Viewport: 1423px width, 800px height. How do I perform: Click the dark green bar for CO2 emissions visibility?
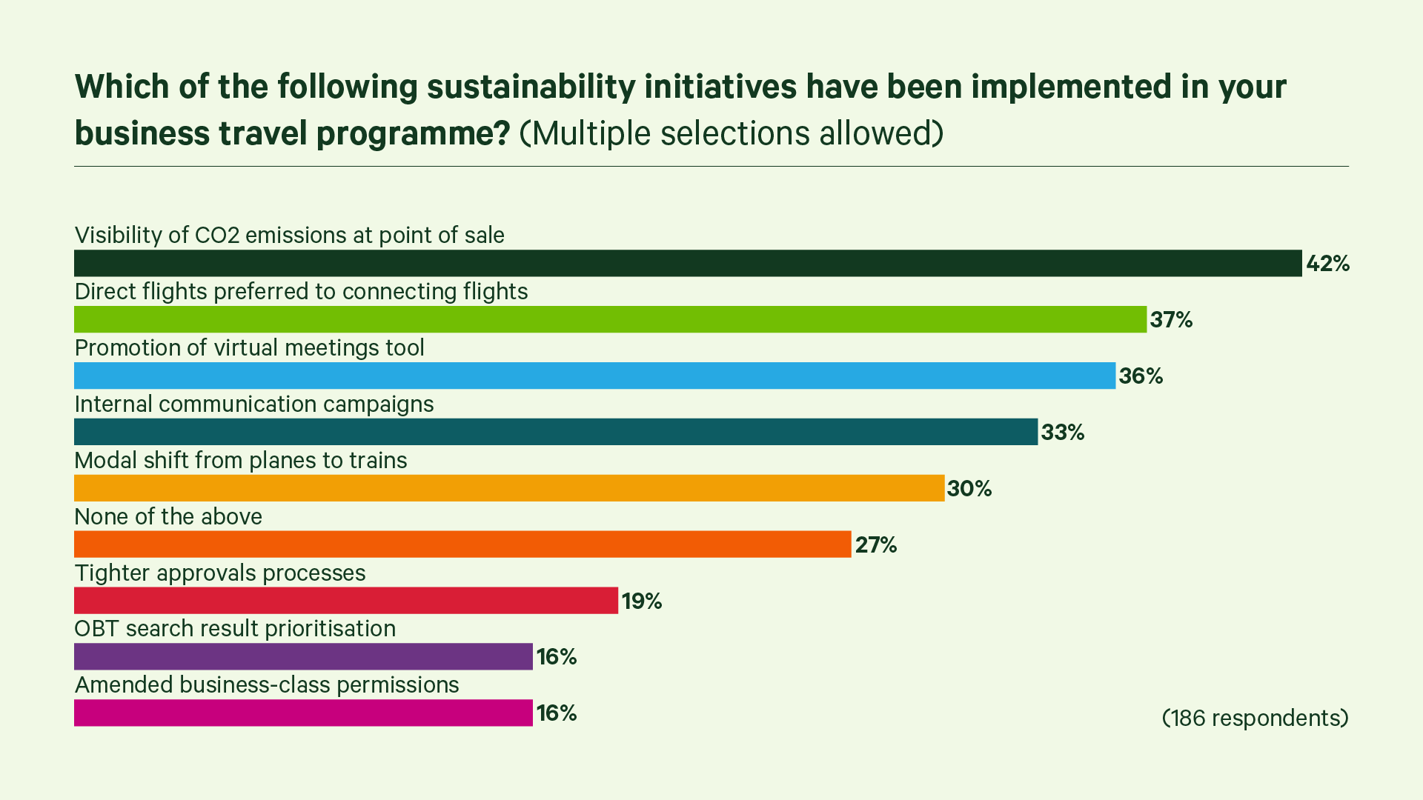[688, 263]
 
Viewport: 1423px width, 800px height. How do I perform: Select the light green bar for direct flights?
[610, 319]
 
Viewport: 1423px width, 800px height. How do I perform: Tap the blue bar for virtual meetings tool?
[594, 376]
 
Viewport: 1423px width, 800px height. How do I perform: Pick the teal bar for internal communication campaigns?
[556, 432]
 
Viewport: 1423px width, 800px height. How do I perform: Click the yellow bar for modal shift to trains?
[509, 488]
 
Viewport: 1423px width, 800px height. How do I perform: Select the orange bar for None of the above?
[462, 544]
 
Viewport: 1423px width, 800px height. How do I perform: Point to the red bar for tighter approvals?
[346, 601]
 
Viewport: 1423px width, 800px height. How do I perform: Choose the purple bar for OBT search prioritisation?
[303, 656]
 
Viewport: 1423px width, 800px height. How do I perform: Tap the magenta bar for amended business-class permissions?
[303, 713]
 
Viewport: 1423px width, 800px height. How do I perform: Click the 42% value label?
[1327, 264]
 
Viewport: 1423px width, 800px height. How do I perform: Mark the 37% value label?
[1171, 320]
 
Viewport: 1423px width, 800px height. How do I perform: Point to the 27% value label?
[876, 545]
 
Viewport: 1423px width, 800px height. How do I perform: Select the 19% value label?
[642, 601]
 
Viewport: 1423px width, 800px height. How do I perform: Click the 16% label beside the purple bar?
[557, 657]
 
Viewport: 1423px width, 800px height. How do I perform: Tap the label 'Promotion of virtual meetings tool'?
[250, 347]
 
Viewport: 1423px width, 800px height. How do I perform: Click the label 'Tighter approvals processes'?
[220, 573]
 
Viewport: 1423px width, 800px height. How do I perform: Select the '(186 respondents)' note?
[1255, 718]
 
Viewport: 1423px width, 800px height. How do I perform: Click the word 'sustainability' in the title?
[531, 87]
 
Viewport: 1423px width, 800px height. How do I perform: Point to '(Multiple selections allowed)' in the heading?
[731, 133]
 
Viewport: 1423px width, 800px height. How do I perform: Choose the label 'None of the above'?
[168, 516]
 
